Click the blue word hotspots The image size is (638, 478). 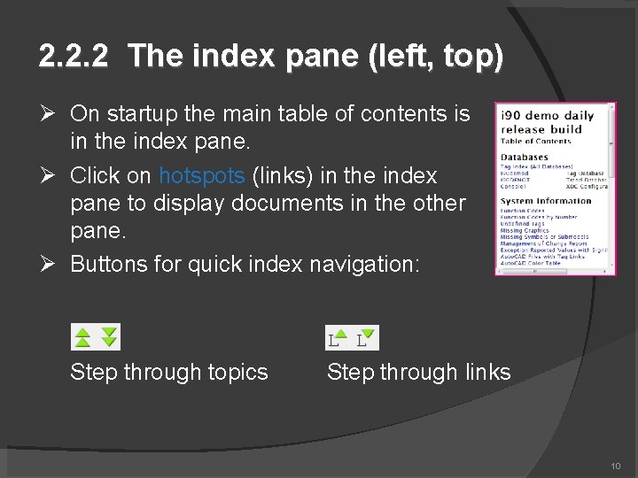pyautogui.click(x=201, y=175)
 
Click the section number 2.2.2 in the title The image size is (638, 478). pyautogui.click(x=74, y=58)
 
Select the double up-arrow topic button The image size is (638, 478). pyautogui.click(x=82, y=337)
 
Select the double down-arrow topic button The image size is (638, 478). pyautogui.click(x=108, y=337)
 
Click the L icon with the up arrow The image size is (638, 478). pyautogui.click(x=337, y=337)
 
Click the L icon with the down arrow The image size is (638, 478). pyautogui.click(x=364, y=337)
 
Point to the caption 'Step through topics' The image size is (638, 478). pyautogui.click(x=168, y=372)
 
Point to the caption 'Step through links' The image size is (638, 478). pyautogui.click(x=418, y=372)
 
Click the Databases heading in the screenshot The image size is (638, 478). pyautogui.click(x=524, y=158)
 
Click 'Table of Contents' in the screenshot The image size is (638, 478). pyautogui.click(x=535, y=142)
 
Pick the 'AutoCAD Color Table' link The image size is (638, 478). pyautogui.click(x=530, y=263)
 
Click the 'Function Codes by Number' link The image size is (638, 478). pyautogui.click(x=538, y=217)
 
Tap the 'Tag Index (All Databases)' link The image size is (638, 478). pyautogui.click(x=536, y=166)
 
